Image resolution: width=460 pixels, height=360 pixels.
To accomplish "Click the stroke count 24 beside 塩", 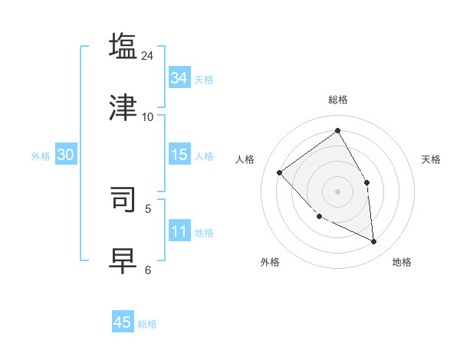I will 148,55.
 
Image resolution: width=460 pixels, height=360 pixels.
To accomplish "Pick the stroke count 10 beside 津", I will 148,116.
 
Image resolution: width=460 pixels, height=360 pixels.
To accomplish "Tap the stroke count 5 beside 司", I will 148,208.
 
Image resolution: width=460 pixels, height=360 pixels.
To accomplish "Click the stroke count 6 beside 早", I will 148,270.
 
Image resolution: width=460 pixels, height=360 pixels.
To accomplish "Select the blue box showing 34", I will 179,78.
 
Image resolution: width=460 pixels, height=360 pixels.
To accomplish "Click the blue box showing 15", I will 179,155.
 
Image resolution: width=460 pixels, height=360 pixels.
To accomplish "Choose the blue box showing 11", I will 179,231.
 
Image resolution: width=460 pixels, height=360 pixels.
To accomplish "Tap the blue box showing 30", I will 66,155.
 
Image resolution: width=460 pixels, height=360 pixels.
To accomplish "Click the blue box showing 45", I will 123,322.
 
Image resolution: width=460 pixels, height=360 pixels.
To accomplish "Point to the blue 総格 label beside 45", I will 148,324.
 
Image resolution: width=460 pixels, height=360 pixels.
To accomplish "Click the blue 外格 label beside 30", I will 41,156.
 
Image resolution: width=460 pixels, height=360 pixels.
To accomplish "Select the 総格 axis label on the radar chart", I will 337,100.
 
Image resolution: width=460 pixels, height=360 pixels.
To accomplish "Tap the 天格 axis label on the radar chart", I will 431,159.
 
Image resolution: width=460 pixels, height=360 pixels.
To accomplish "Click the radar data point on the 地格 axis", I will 374,242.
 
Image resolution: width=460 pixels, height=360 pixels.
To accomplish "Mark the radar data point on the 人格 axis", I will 280,172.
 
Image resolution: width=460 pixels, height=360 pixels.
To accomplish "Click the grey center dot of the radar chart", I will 337,191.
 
